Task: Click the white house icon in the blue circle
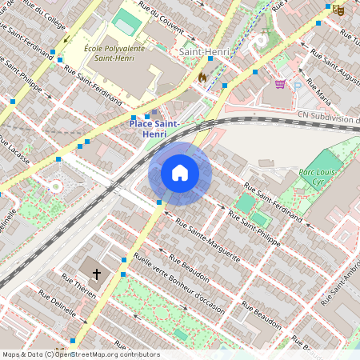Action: (x=179, y=173)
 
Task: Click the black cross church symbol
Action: (x=97, y=274)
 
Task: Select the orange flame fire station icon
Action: (x=202, y=77)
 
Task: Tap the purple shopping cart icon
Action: (x=280, y=83)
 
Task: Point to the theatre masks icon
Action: (x=338, y=10)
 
